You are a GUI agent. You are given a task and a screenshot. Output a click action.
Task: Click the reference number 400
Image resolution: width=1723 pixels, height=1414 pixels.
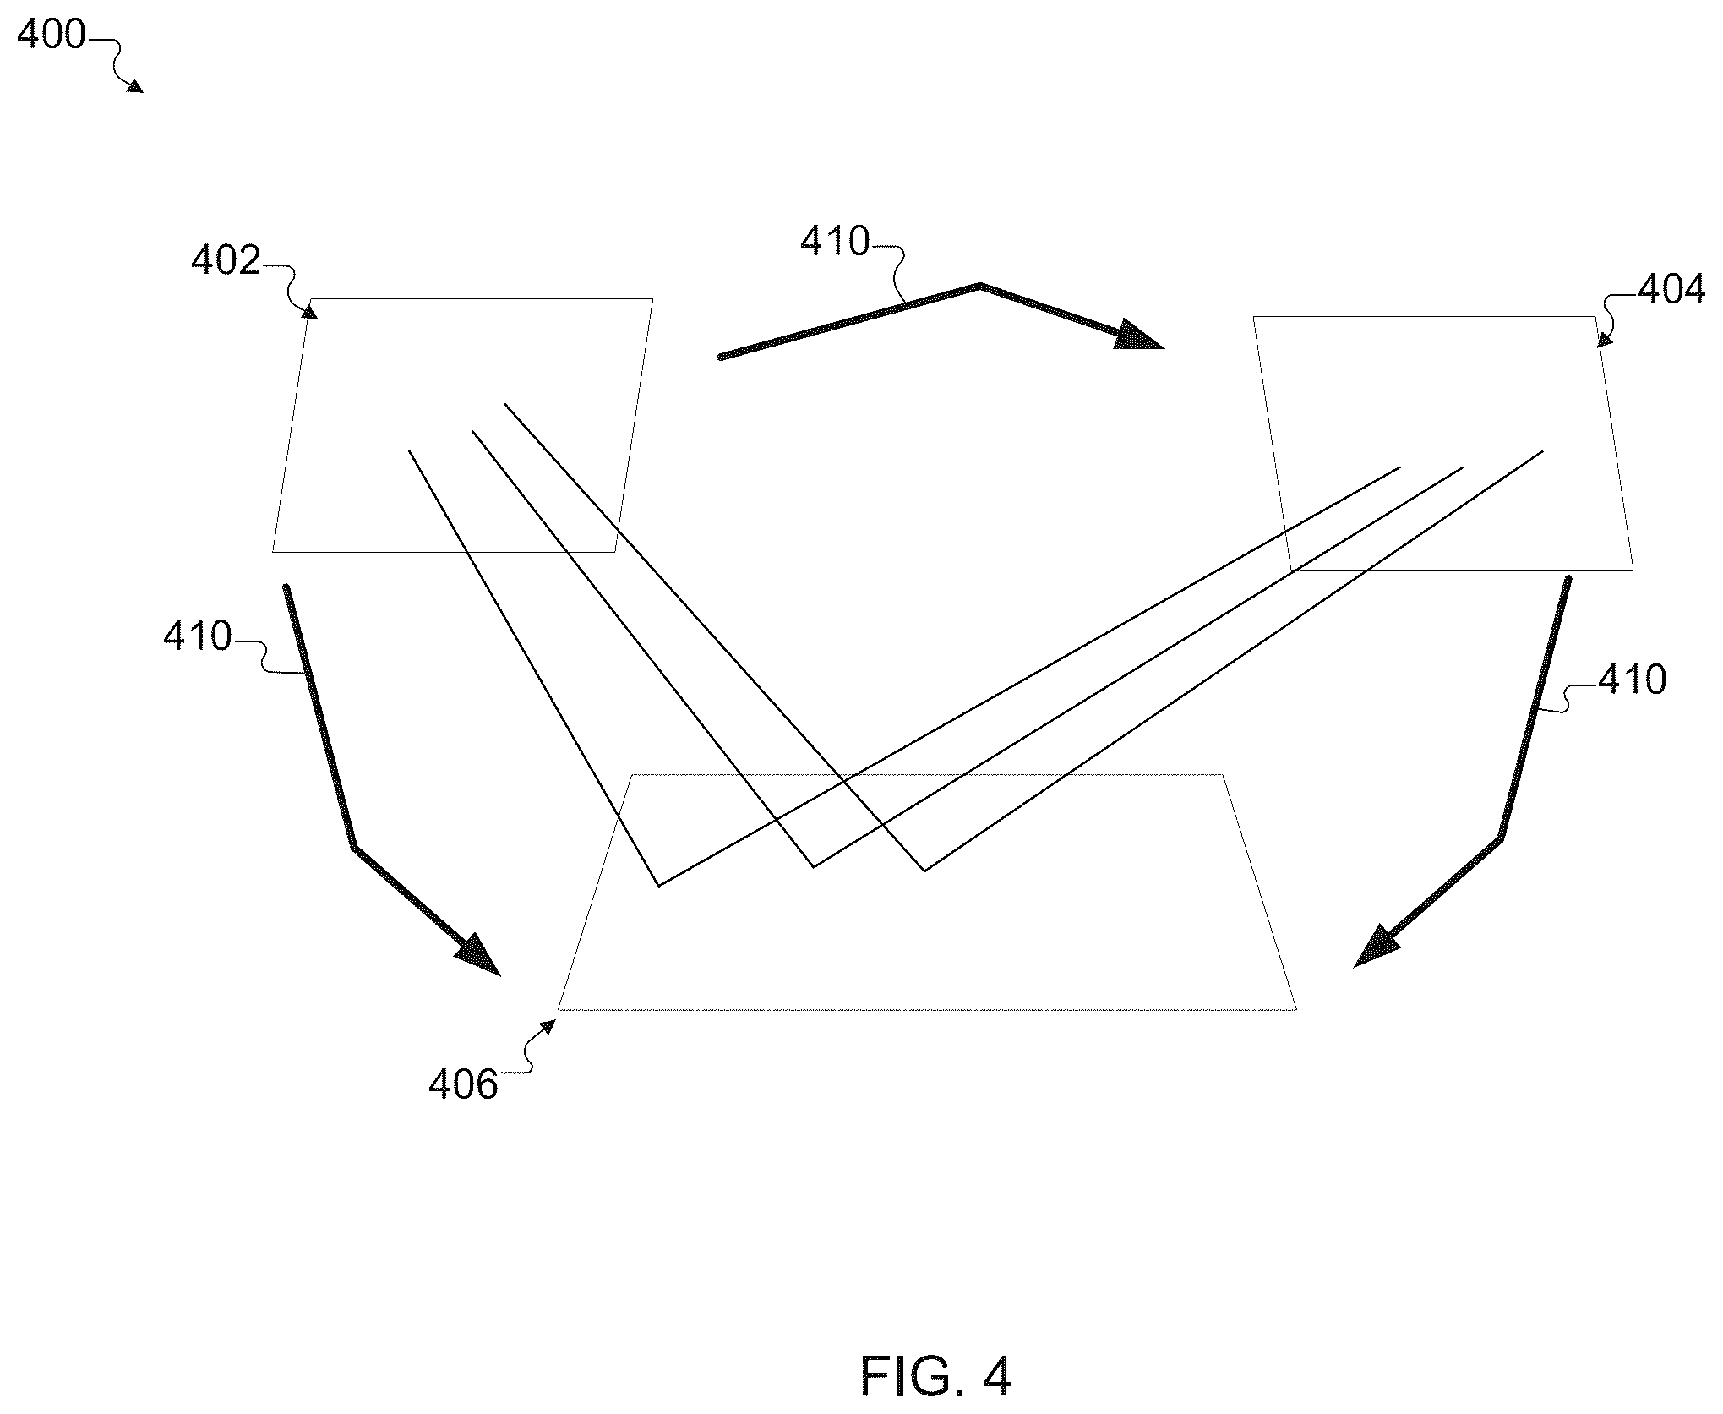(52, 35)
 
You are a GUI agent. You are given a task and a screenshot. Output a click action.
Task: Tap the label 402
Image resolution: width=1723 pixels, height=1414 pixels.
(226, 261)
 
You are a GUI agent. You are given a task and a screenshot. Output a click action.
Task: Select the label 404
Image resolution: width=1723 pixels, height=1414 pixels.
(1671, 290)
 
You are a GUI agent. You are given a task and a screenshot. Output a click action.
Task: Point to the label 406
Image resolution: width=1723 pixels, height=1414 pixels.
(463, 1084)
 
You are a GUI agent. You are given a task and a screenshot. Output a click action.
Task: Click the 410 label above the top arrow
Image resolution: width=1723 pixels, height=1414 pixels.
(835, 242)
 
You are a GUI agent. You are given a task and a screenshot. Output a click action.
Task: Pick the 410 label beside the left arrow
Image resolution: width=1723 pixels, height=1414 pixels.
(198, 636)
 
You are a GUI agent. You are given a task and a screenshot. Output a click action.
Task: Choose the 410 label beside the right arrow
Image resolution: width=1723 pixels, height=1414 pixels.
(1632, 679)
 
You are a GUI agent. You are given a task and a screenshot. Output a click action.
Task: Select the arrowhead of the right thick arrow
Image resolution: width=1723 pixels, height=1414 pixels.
(1375, 947)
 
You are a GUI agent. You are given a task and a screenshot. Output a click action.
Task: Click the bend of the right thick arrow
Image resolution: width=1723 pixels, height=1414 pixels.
(1501, 838)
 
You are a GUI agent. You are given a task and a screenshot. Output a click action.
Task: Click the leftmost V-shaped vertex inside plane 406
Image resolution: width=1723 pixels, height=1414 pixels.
(658, 887)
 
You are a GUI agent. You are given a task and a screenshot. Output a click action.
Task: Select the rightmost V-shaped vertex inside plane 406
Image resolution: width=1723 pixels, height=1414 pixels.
(924, 871)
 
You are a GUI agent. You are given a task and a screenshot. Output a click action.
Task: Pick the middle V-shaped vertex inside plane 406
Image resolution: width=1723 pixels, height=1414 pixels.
(813, 867)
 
